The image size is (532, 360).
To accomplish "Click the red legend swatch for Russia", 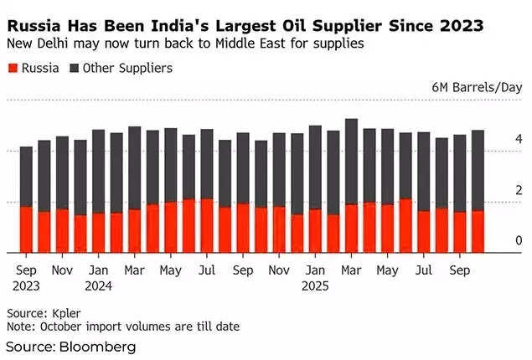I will pyautogui.click(x=11, y=69).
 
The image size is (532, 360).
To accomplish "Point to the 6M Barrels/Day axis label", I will pyautogui.click(x=477, y=87).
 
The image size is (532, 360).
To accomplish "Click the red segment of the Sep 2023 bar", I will pyautogui.click(x=27, y=229).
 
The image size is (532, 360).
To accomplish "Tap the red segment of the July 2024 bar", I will pyautogui.click(x=207, y=225).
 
